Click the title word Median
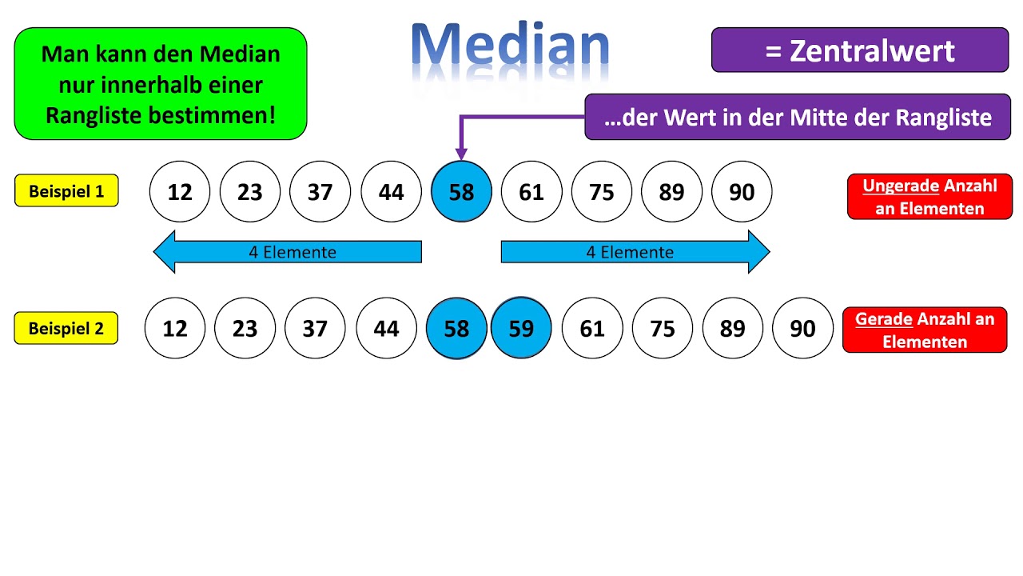[510, 45]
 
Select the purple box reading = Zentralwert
[859, 50]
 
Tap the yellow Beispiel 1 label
[66, 191]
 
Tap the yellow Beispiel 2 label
[66, 328]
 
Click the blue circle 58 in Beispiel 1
[461, 192]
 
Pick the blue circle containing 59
[521, 329]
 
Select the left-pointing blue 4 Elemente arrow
[288, 252]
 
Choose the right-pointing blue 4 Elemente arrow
[635, 252]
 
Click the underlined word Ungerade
[900, 186]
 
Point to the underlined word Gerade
[883, 318]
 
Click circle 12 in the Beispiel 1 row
[180, 192]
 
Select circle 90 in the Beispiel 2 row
[802, 329]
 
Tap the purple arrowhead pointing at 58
[461, 152]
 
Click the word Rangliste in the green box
[93, 115]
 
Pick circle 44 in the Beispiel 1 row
[391, 192]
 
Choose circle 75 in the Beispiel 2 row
[663, 329]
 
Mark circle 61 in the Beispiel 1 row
[531, 192]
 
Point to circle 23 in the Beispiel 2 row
[245, 329]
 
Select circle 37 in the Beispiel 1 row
[320, 192]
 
